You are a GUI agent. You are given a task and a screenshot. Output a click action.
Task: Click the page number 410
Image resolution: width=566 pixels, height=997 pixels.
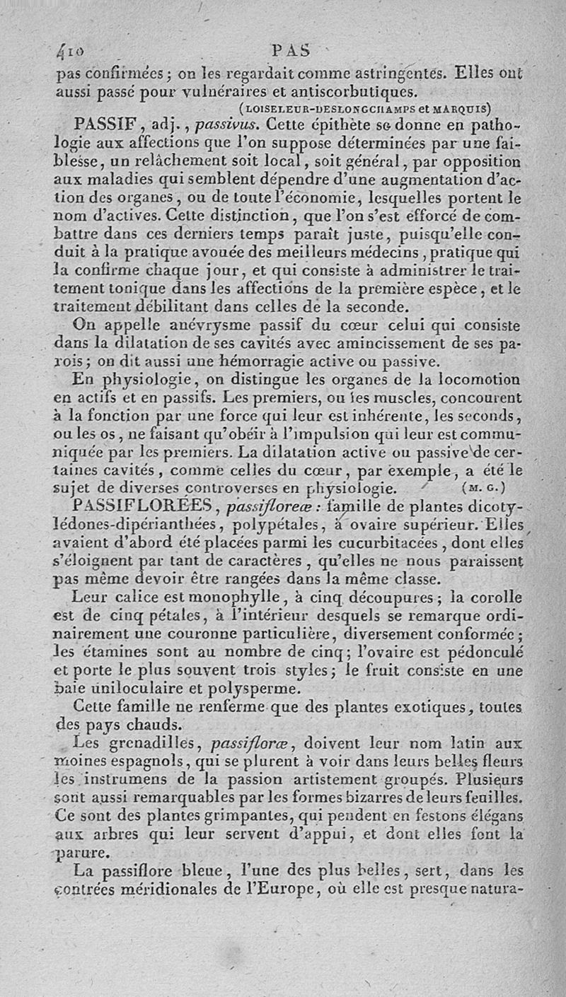tap(71, 52)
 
